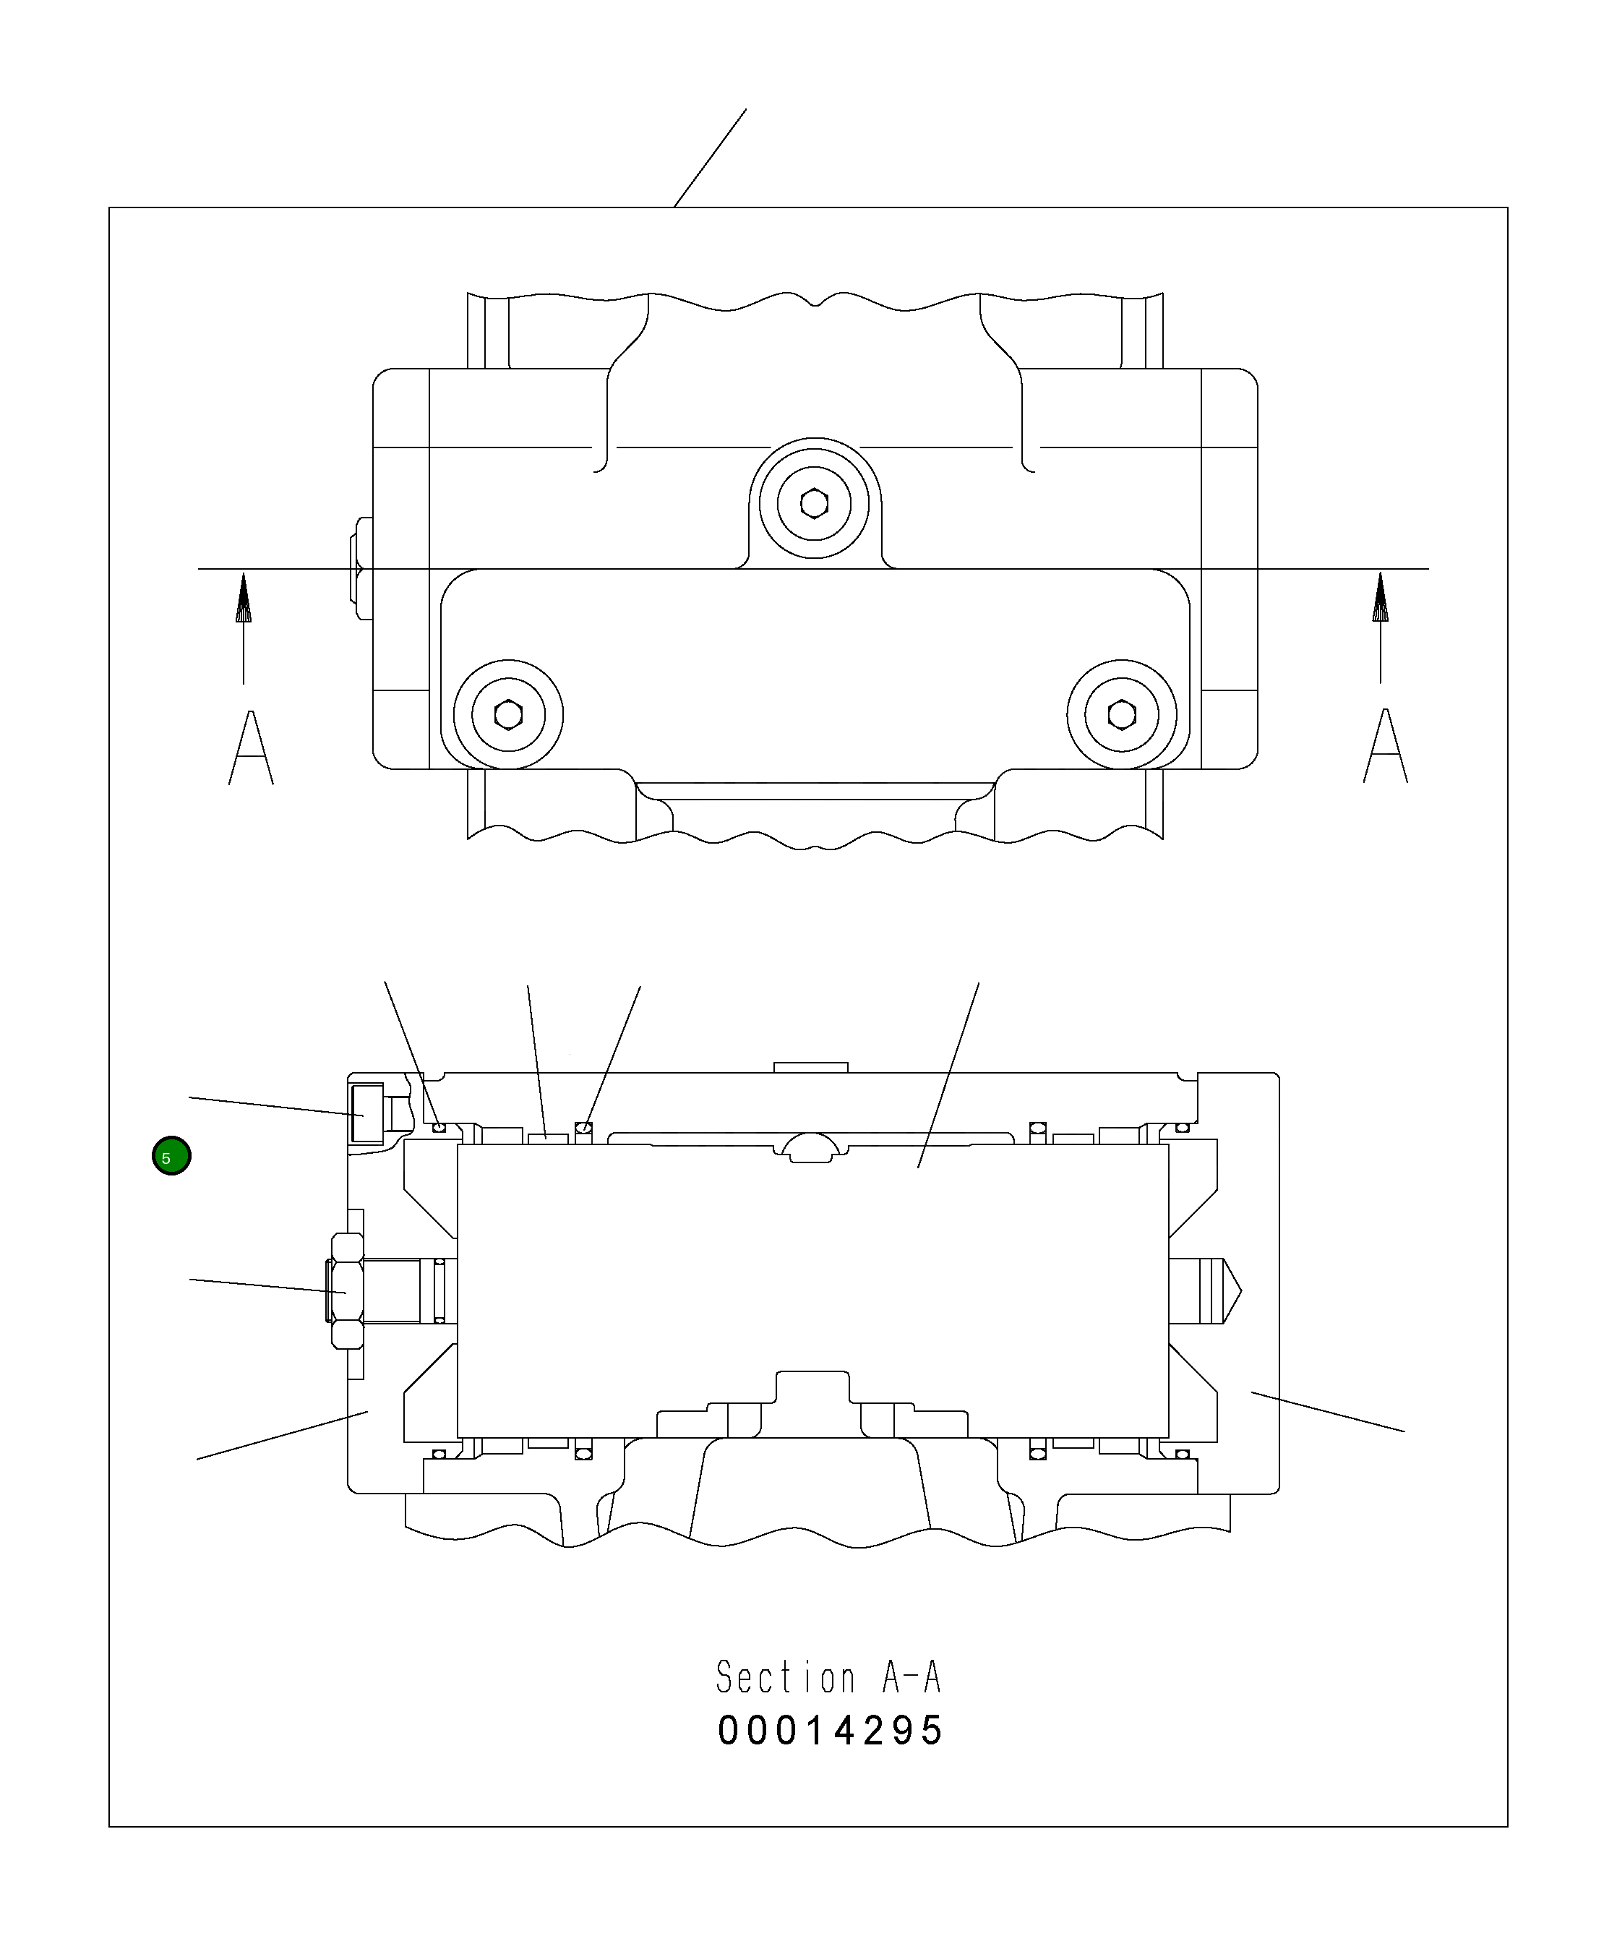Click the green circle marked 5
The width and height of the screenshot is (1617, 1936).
pos(171,1156)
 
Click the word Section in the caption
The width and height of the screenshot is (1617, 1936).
pos(786,1678)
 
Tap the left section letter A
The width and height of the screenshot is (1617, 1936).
pos(251,748)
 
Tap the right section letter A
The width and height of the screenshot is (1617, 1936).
pos(1386,746)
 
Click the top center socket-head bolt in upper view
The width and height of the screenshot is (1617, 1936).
pos(814,503)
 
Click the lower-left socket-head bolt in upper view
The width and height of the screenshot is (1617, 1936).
pos(508,714)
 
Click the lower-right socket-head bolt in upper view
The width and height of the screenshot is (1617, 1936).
pos(1122,714)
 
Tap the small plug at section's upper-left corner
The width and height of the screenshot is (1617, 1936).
pos(367,1113)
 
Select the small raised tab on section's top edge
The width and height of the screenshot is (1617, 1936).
pos(810,1068)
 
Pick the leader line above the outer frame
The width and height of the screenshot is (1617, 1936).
pos(710,158)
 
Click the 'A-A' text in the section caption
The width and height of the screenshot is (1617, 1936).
pos(911,1678)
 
